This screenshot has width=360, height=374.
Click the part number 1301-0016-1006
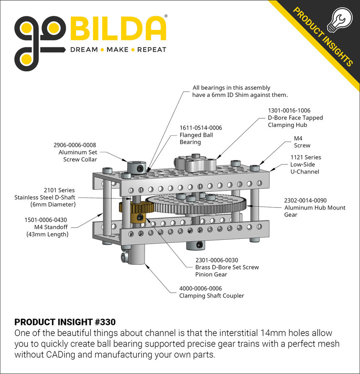point(289,110)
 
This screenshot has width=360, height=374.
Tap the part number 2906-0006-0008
point(75,145)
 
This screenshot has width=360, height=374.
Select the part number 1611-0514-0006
point(201,128)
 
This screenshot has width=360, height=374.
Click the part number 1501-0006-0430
point(46,220)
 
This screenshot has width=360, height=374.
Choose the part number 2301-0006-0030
point(216,260)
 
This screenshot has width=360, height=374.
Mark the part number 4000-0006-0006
point(201,288)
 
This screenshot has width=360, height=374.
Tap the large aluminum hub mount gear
point(195,203)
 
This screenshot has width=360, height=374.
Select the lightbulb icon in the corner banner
point(340,18)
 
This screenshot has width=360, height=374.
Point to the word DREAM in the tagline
point(84,50)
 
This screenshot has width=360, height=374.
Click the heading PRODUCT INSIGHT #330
point(65,322)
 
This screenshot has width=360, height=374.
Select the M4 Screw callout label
point(302,142)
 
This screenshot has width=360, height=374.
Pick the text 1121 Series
point(305,157)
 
